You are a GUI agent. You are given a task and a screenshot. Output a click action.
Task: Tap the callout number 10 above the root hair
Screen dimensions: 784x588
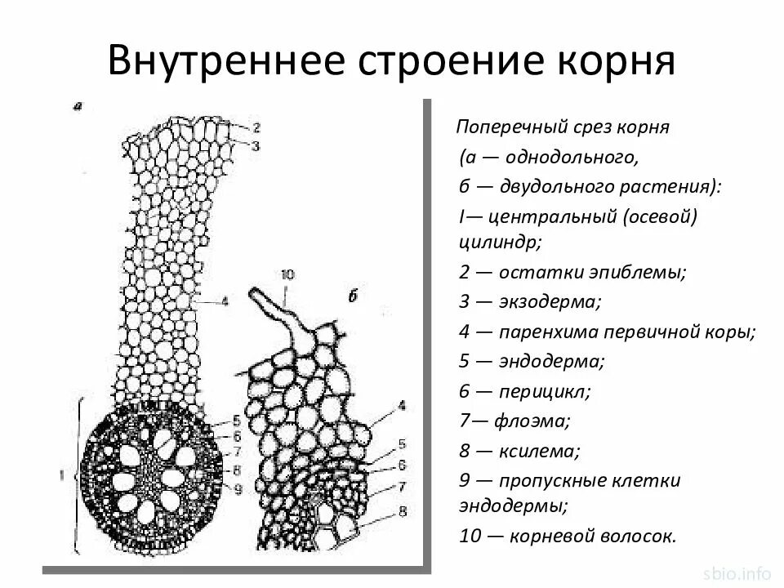coord(286,274)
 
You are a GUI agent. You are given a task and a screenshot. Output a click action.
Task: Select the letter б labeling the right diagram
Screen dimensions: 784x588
coord(353,296)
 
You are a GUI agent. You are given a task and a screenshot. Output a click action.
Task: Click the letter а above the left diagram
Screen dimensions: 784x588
coord(76,105)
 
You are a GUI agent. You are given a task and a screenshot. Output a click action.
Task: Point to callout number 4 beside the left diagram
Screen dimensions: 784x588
coord(225,301)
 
